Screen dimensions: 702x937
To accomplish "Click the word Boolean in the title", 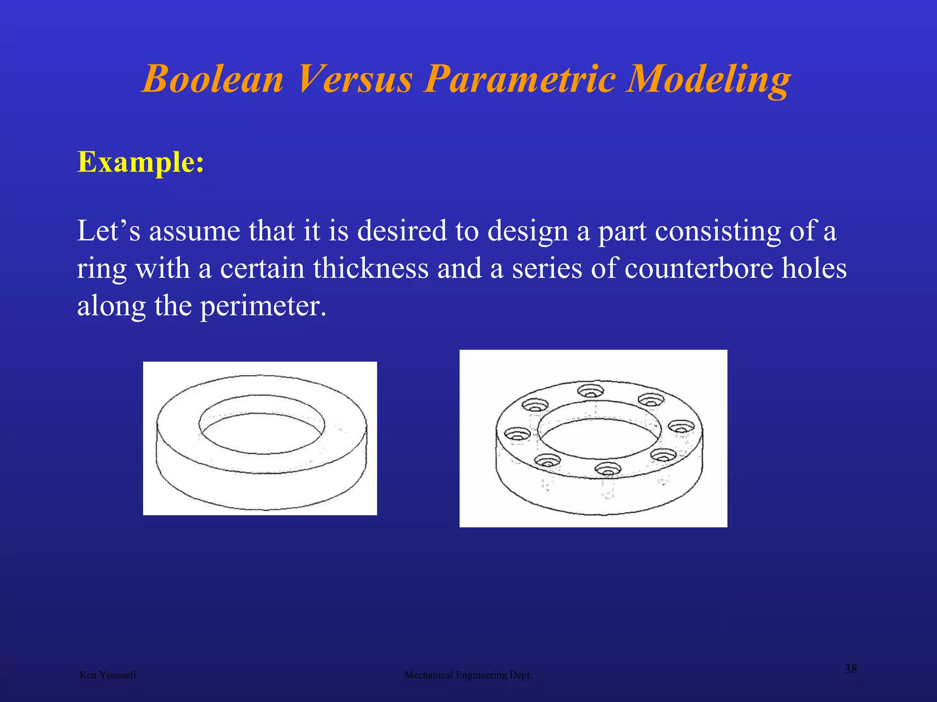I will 213,79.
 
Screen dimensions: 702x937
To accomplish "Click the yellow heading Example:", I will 141,162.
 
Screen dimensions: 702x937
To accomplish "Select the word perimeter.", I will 263,306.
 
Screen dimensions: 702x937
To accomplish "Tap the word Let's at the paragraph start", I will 108,231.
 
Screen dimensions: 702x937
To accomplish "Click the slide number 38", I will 851,669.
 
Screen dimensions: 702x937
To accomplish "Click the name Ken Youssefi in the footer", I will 108,675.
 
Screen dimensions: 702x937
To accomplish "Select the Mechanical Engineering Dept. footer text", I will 468,675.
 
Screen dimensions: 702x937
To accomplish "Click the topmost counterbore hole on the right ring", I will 590,391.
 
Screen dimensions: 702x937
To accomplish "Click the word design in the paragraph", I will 528,231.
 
